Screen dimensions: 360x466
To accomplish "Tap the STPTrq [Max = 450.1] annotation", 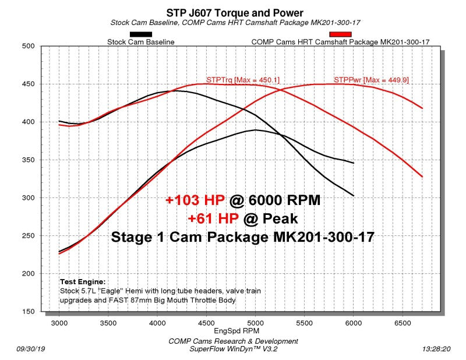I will coord(235,79).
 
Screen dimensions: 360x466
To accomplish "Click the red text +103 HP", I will coord(195,200).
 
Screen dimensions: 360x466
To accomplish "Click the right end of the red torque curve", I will coord(422,177).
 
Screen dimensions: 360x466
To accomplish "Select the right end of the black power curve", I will coord(354,163).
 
